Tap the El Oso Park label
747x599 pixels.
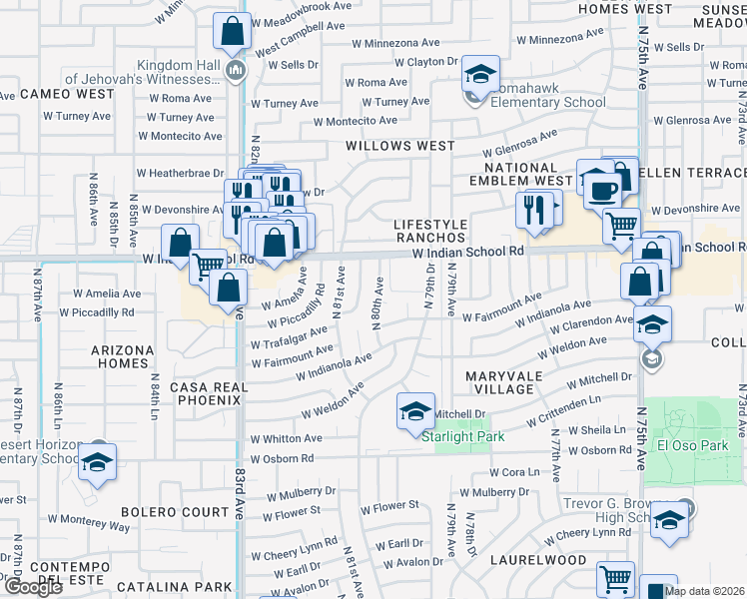click(x=692, y=445)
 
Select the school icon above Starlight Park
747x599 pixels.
click(x=415, y=410)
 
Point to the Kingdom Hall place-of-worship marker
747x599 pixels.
click(x=236, y=70)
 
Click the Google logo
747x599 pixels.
click(x=33, y=587)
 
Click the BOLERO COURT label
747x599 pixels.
click(x=175, y=512)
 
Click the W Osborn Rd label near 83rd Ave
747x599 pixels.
click(x=282, y=458)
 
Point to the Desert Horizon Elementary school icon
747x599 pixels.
click(x=98, y=461)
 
